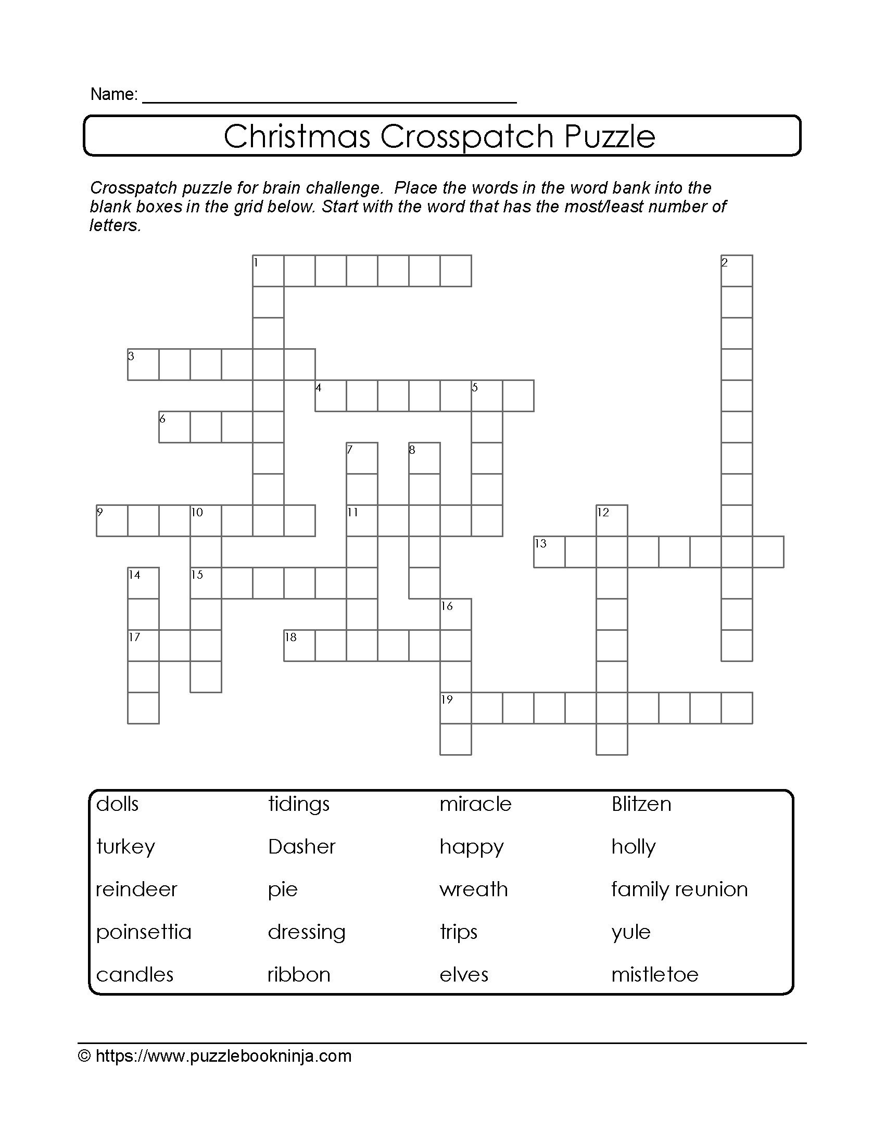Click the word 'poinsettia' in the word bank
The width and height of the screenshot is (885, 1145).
click(x=144, y=932)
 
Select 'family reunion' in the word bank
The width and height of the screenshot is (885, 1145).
click(x=679, y=889)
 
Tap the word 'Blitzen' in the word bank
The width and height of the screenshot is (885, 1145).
click(x=641, y=804)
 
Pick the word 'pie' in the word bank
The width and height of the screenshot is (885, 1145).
click(x=283, y=889)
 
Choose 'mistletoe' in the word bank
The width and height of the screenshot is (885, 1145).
click(x=654, y=975)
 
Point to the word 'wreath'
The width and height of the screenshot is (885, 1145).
click(x=473, y=889)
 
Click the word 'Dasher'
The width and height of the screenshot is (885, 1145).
click(x=301, y=847)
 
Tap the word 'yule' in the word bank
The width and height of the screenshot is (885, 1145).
click(x=631, y=932)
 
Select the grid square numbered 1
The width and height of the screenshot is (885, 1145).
click(x=269, y=271)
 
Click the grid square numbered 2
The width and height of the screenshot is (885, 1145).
click(x=737, y=271)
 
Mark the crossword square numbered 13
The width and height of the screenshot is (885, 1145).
click(x=549, y=552)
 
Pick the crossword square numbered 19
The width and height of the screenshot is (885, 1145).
click(x=456, y=708)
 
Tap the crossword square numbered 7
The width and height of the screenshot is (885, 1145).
click(x=362, y=458)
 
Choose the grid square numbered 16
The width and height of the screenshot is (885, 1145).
click(x=456, y=614)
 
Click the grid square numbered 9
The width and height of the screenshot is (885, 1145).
click(x=112, y=520)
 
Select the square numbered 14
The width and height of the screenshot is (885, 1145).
click(x=144, y=583)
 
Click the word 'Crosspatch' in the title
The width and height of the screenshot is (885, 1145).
click(x=467, y=136)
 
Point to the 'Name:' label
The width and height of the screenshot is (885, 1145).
click(x=114, y=94)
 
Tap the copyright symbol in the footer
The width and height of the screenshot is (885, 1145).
click(x=84, y=1056)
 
